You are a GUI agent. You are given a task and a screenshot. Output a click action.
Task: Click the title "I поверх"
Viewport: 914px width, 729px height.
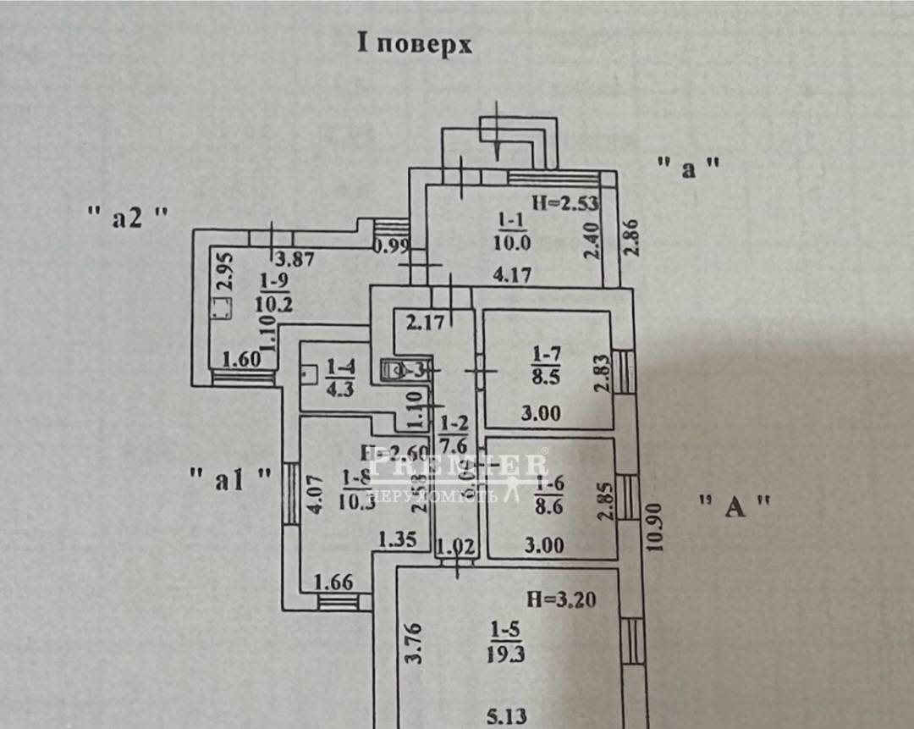pos(415,44)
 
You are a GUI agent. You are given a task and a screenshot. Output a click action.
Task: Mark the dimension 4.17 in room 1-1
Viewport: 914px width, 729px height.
pos(515,274)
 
